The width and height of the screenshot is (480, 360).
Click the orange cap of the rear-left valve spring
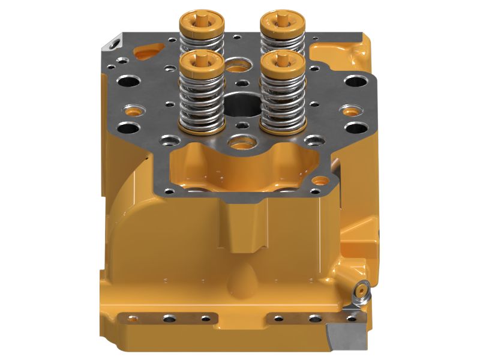pos(202,22)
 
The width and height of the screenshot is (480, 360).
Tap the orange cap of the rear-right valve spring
pos(281,22)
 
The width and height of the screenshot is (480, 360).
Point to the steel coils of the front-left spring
pos(202,99)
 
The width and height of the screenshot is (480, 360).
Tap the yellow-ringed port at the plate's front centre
pos(241,142)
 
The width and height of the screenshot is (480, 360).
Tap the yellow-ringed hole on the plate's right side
pos(347,110)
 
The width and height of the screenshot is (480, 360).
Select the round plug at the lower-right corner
pos(360,289)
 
